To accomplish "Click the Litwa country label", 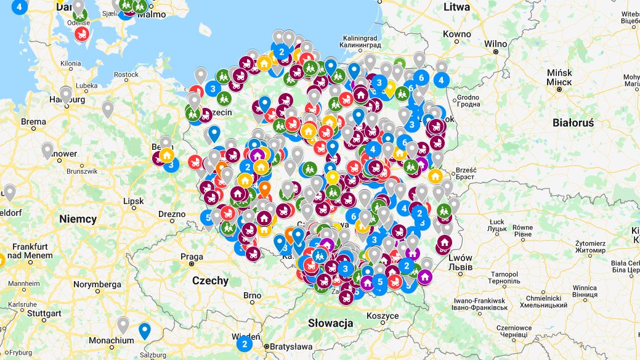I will pyautogui.click(x=456, y=7).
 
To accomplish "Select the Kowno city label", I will pyautogui.click(x=456, y=35).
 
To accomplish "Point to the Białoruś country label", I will pyautogui.click(x=573, y=123).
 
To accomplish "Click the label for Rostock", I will pyautogui.click(x=126, y=75).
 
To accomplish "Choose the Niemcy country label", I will pyautogui.click(x=78, y=219).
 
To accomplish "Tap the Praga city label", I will pyautogui.click(x=192, y=256).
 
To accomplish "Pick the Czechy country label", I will pyautogui.click(x=210, y=280).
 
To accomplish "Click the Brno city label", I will pyautogui.click(x=253, y=296).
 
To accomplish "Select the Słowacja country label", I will pyautogui.click(x=330, y=323).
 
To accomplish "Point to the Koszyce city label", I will pyautogui.click(x=383, y=316).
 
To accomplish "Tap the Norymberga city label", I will pyautogui.click(x=97, y=284).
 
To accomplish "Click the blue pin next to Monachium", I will pyautogui.click(x=144, y=330).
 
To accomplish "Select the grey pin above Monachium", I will pyautogui.click(x=123, y=324).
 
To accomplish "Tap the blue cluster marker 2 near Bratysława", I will pyautogui.click(x=245, y=344).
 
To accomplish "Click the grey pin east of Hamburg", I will pyautogui.click(x=108, y=109).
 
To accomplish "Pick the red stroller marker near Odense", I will pyautogui.click(x=81, y=34).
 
